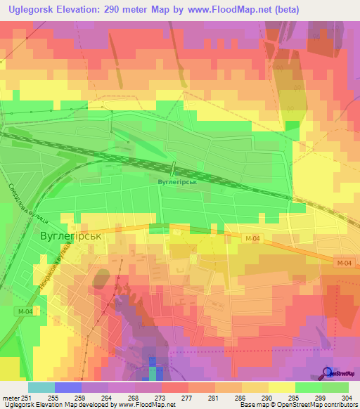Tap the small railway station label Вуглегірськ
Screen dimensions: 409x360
pos(175,181)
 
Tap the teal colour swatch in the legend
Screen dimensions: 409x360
pos(41,387)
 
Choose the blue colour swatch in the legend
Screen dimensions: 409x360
pos(68,387)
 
